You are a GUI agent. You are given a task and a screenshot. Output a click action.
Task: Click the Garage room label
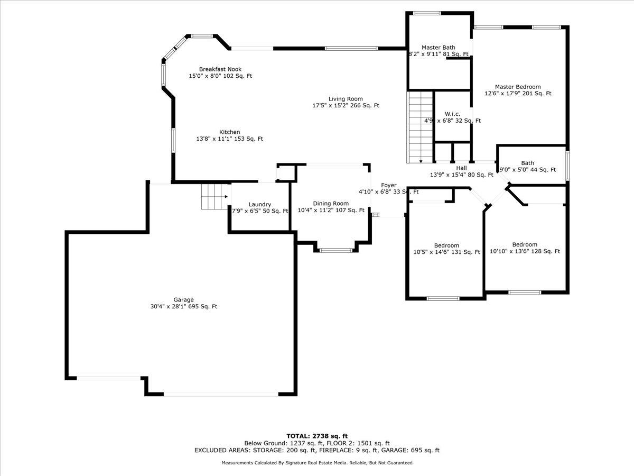tap(183, 300)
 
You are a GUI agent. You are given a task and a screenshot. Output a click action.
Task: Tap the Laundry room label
tap(260, 204)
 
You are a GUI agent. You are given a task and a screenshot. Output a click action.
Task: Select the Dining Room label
tap(331, 203)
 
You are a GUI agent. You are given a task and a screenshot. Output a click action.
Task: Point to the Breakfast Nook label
tap(220, 69)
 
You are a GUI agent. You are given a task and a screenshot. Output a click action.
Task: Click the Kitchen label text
tap(230, 132)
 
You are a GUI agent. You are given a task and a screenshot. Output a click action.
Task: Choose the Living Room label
tap(346, 99)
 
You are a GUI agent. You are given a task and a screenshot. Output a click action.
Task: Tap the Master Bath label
tap(438, 48)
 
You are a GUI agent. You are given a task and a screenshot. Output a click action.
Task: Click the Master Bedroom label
tap(518, 87)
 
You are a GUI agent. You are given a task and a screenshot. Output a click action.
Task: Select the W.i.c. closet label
tap(452, 114)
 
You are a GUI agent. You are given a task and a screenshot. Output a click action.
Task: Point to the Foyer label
tap(389, 185)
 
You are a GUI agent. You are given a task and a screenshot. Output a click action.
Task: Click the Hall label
tap(461, 168)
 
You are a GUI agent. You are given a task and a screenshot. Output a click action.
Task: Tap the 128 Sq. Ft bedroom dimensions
tap(525, 252)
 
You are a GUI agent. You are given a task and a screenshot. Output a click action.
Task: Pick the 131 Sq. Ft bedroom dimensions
tap(446, 252)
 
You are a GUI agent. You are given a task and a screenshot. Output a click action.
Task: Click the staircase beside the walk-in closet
tap(421, 127)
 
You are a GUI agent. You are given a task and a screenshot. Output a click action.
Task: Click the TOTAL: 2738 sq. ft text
tap(316, 435)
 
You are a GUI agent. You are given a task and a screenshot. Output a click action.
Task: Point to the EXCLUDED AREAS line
tap(316, 451)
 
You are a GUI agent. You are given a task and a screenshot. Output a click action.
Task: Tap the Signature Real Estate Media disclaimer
tap(316, 463)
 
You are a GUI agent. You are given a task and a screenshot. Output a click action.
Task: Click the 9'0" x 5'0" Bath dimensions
tap(528, 170)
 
